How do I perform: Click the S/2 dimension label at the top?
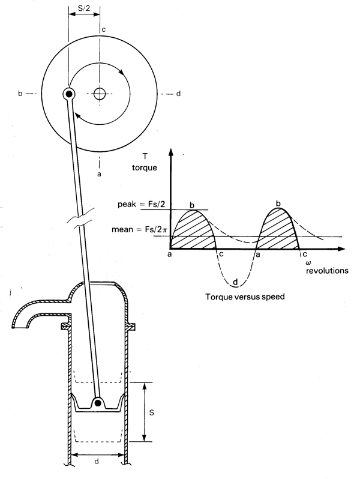(x=84, y=8)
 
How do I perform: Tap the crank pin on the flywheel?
(x=69, y=94)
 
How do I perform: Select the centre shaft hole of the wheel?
(x=100, y=94)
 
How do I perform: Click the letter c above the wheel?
(x=104, y=29)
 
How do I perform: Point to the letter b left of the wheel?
(x=20, y=93)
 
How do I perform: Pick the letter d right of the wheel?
(x=178, y=94)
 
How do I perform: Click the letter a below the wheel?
(x=99, y=174)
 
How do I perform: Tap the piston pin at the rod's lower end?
(x=98, y=403)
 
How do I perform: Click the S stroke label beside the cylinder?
(x=151, y=413)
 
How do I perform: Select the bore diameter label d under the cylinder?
(x=97, y=461)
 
